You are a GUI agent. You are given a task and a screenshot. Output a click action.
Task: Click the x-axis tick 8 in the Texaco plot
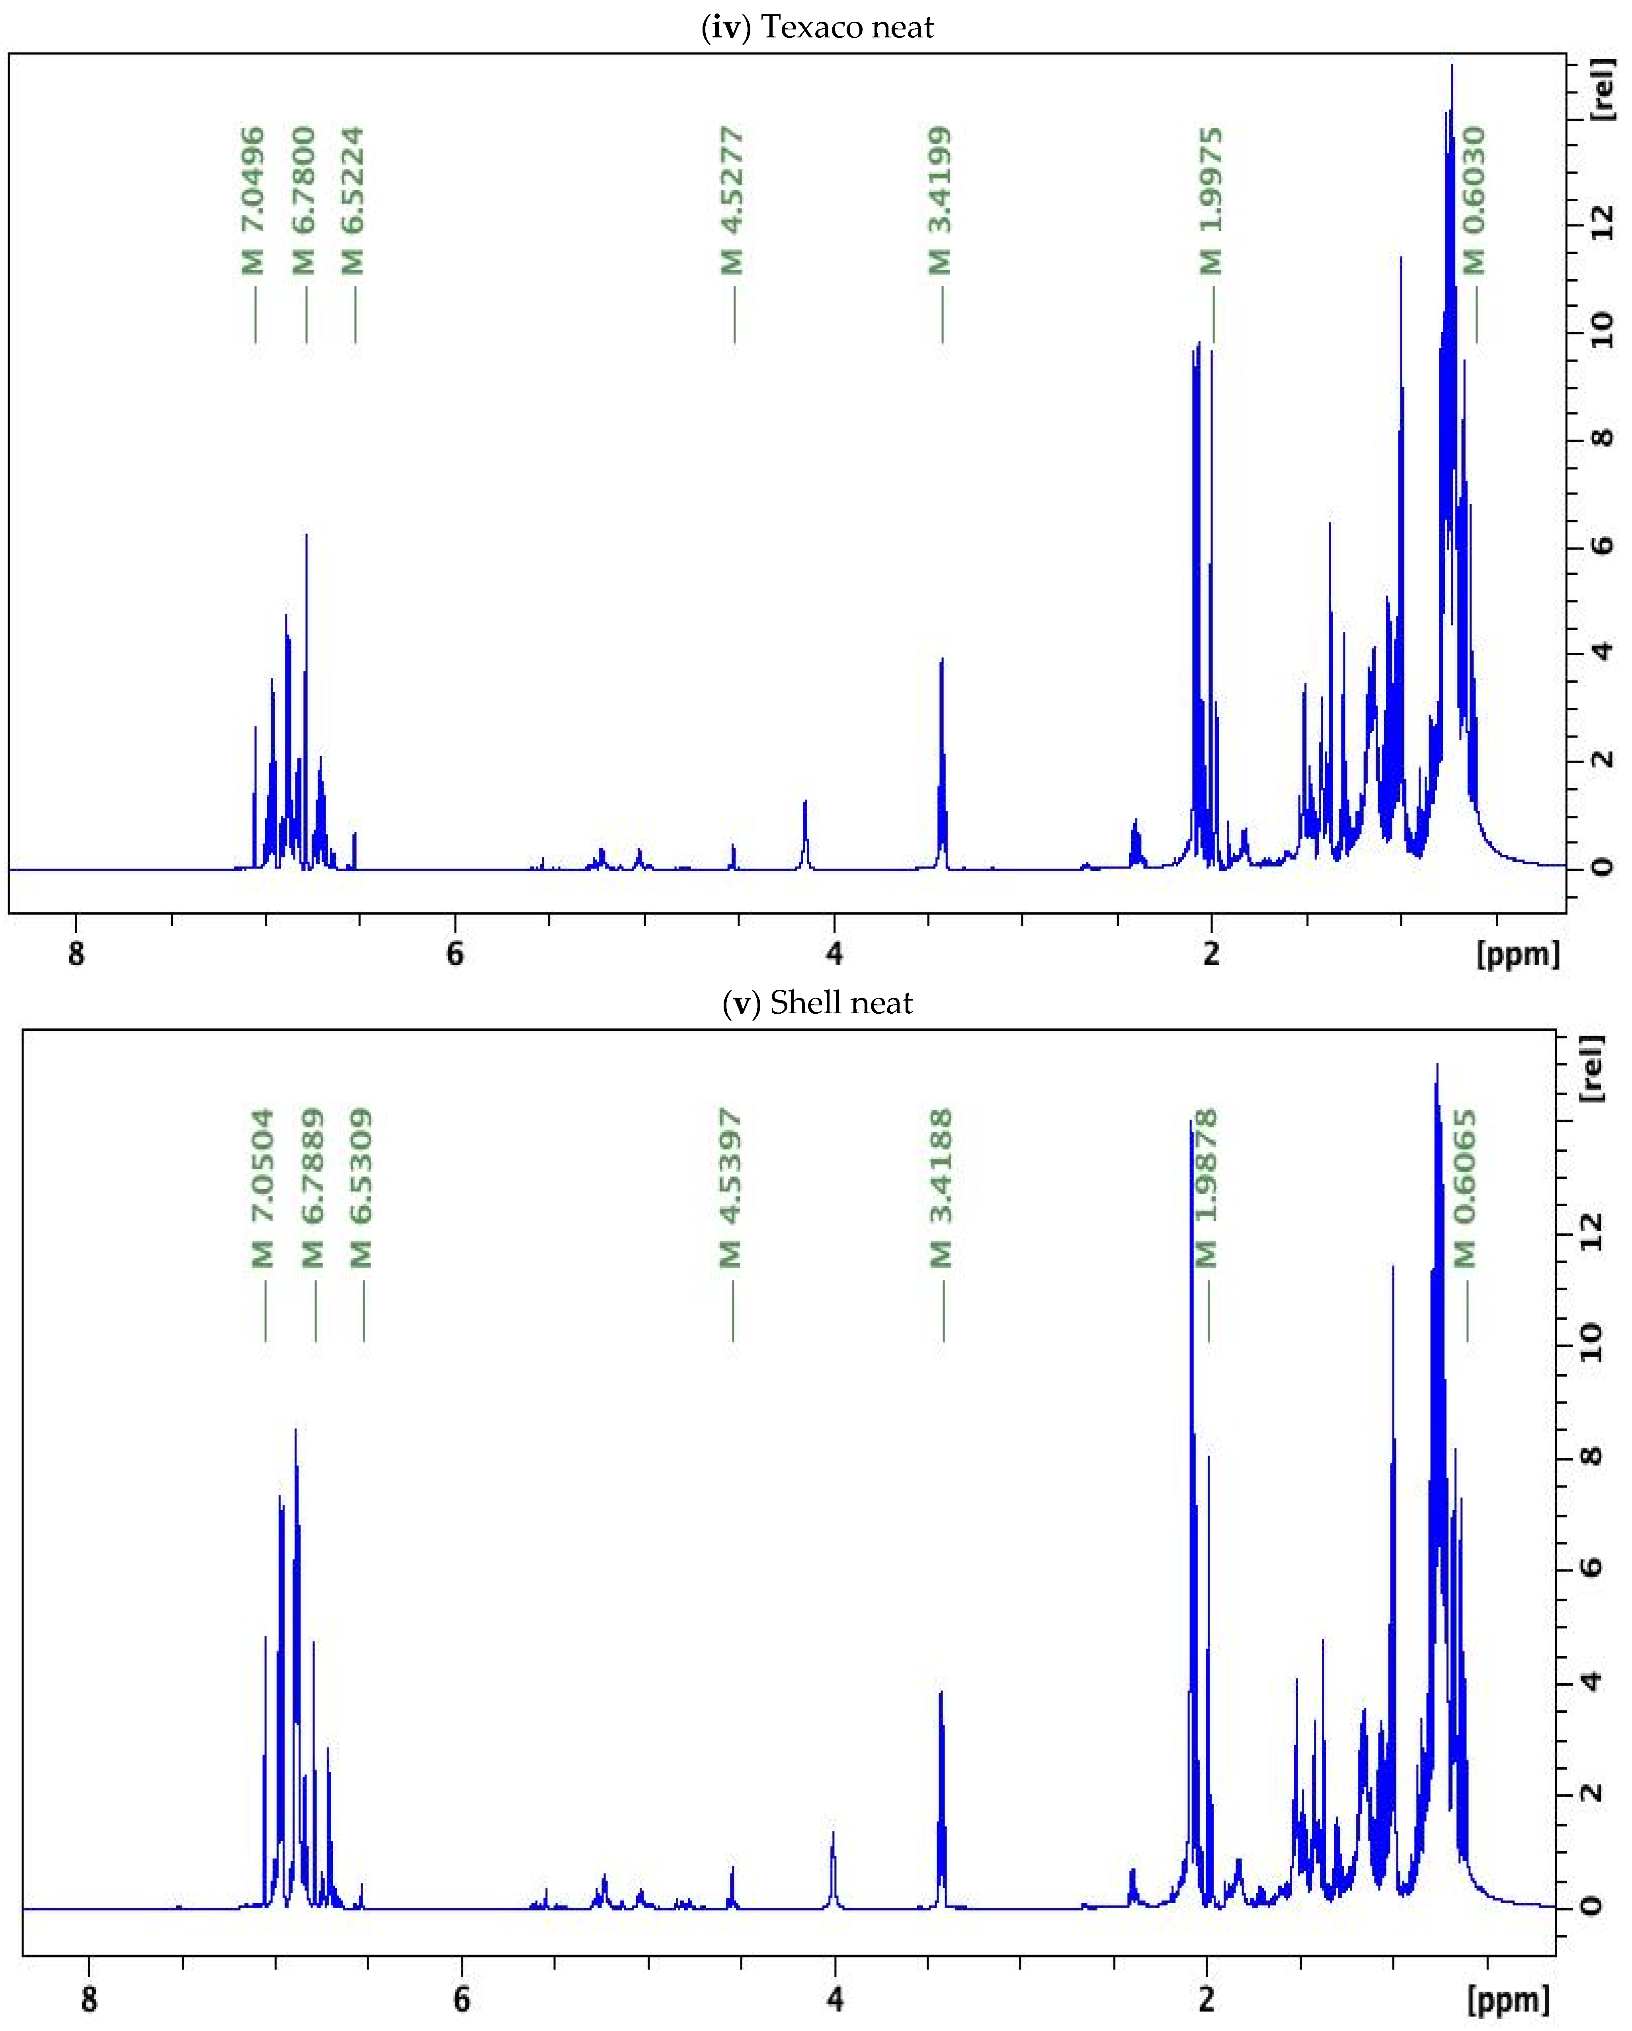tap(76, 953)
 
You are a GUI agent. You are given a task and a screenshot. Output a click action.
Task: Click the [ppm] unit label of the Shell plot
tap(1508, 1997)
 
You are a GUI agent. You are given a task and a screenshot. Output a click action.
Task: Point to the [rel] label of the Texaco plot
tap(1602, 90)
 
